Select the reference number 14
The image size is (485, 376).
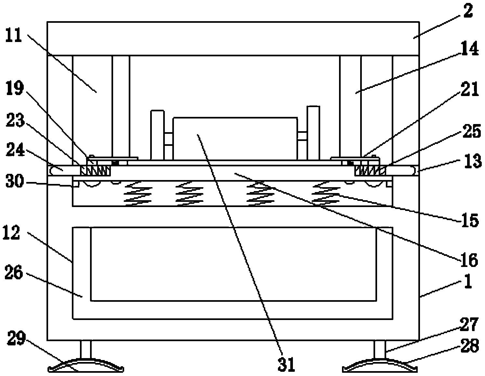pyautogui.click(x=470, y=48)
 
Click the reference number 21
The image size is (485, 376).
pyautogui.click(x=469, y=89)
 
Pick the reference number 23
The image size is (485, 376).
pyautogui.click(x=15, y=120)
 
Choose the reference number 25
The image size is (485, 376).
pyautogui.click(x=471, y=131)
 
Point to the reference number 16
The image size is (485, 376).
pyautogui.click(x=469, y=259)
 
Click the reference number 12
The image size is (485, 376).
pyautogui.click(x=11, y=233)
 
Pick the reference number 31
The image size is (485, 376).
pyautogui.click(x=286, y=364)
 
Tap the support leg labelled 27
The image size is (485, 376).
pyautogui.click(x=380, y=349)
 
